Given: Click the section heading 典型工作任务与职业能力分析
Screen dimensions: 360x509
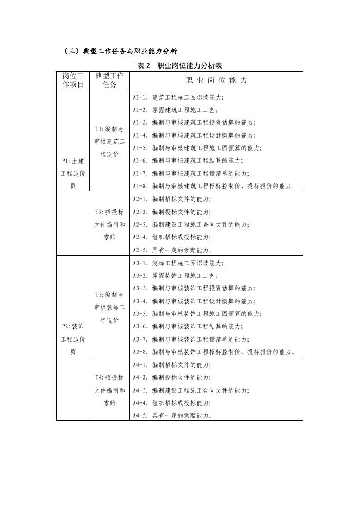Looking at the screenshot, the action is (x=120, y=52).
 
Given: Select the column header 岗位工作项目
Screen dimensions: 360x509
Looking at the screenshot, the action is (x=73, y=80).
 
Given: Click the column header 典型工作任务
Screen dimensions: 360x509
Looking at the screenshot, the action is (x=109, y=80).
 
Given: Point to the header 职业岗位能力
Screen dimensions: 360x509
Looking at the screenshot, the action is (x=215, y=80).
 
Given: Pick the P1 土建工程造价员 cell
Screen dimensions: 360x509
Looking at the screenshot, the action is (x=73, y=173).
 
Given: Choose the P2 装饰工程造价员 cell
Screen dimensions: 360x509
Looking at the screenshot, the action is (x=73, y=339).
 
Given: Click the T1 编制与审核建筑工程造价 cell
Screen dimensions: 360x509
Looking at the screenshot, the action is (x=109, y=142).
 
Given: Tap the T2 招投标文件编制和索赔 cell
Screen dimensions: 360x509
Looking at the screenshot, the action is (x=109, y=225).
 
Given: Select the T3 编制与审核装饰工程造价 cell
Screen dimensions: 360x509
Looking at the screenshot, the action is (x=109, y=307).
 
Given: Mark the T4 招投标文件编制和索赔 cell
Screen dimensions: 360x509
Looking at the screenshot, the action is (x=109, y=390).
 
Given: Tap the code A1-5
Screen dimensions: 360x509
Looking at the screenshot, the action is (x=140, y=148).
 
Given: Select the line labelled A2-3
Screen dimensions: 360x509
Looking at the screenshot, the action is (x=191, y=225).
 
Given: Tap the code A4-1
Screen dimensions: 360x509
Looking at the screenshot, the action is (x=140, y=365).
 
